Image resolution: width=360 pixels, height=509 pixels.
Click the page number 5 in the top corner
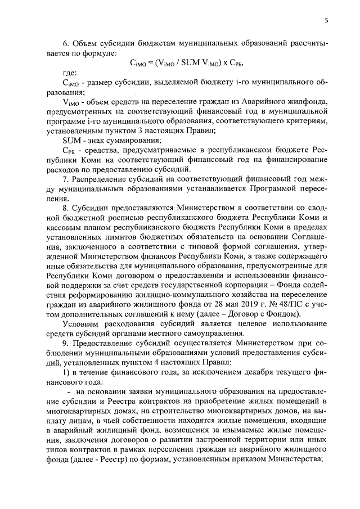326,21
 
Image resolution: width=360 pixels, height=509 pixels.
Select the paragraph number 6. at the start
65,43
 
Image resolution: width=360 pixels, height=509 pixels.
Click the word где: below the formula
70,73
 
